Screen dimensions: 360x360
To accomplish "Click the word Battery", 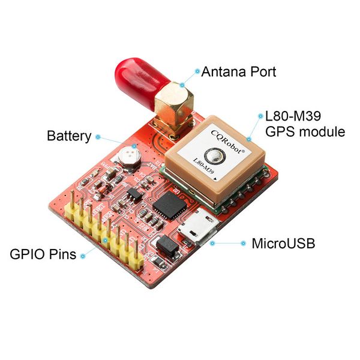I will tap(69, 136).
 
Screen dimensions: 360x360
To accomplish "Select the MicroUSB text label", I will tap(283, 244).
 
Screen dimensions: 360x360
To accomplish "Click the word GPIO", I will tap(27, 254).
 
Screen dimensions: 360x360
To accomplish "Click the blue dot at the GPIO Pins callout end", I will tap(82, 254).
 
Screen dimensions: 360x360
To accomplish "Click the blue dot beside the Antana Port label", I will tap(197, 71).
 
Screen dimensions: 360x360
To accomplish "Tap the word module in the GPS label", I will tap(321, 131).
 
